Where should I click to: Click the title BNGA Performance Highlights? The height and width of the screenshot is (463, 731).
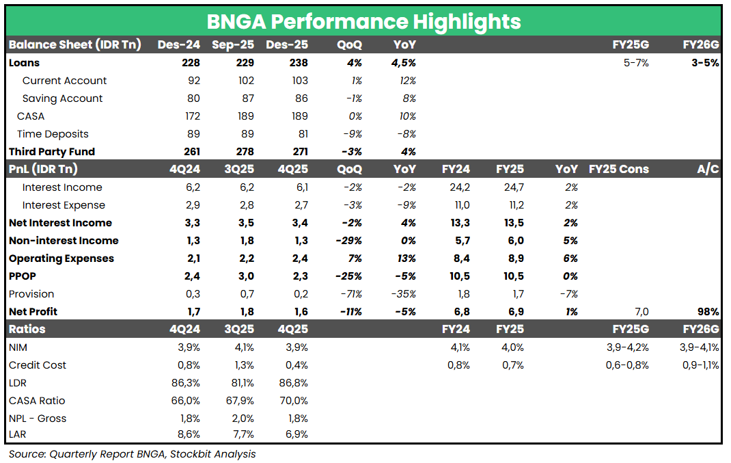[x=363, y=21]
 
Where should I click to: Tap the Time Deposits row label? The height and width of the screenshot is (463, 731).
[x=53, y=134]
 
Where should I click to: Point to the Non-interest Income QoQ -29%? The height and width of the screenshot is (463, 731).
[x=348, y=241]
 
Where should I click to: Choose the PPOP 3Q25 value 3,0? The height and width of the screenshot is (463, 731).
[x=244, y=276]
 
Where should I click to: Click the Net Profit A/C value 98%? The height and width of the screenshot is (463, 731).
[x=708, y=312]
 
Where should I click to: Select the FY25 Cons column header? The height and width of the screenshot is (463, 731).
[x=618, y=170]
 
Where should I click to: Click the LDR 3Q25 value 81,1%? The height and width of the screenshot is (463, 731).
[x=239, y=383]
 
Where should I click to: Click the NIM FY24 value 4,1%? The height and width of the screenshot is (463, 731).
[x=459, y=347]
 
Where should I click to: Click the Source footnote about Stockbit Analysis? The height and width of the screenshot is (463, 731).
[x=132, y=453]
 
